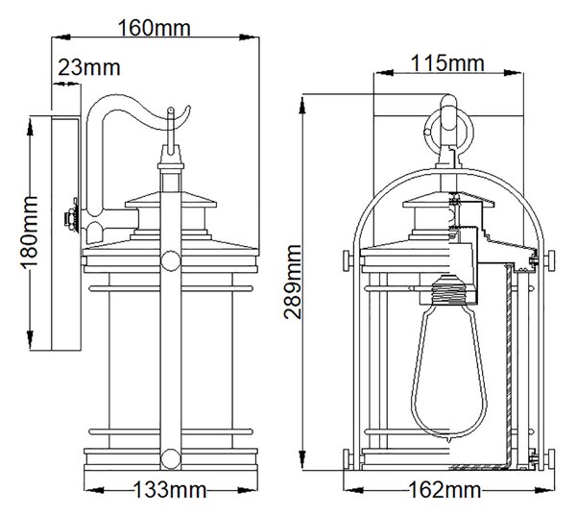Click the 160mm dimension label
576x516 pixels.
pyautogui.click(x=155, y=28)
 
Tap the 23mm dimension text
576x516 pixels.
pyautogui.click(x=89, y=67)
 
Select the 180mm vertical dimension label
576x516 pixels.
pyautogui.click(x=29, y=233)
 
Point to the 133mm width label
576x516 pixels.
pyautogui.click(x=169, y=489)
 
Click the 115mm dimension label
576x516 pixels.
pyautogui.click(x=447, y=63)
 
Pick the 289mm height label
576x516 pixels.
pyautogui.click(x=293, y=282)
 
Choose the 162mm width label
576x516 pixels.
pyautogui.click(x=444, y=490)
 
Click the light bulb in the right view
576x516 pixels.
pyautogui.click(x=449, y=356)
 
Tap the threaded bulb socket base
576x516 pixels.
pyautogui.click(x=448, y=289)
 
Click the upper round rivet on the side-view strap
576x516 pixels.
pyautogui.click(x=171, y=260)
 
